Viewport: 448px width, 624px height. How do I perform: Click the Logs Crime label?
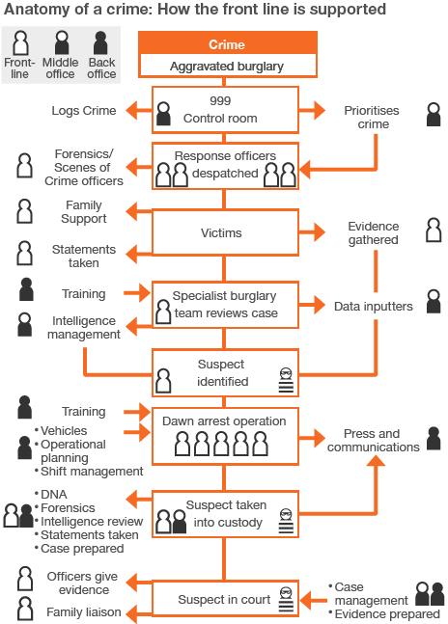[84, 111]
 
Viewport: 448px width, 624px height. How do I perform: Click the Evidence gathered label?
[373, 232]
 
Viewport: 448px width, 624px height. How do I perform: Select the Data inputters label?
[373, 306]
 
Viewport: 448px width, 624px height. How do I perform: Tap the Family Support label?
[84, 212]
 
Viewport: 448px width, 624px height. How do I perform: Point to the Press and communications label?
[373, 440]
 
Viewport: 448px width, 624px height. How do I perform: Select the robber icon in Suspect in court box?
[285, 596]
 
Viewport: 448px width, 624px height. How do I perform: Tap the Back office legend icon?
[100, 44]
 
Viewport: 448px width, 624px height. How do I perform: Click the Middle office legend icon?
[60, 44]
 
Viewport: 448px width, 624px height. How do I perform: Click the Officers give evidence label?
[84, 583]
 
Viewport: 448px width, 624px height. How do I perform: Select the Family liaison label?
[84, 612]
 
